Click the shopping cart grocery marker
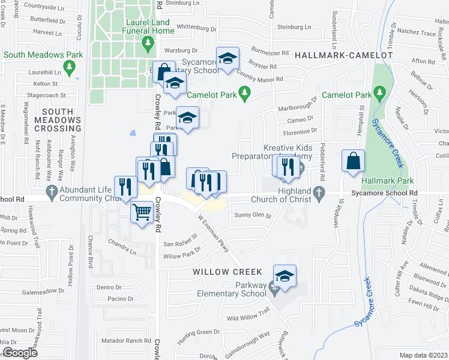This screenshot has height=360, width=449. click(x=142, y=211)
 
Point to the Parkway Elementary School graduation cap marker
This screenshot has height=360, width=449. click(x=285, y=276)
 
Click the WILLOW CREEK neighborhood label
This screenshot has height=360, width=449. click(x=220, y=272)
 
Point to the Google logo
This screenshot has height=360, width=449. click(x=19, y=353)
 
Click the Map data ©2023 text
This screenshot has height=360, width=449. click(x=423, y=355)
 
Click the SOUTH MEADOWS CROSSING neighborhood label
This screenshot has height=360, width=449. click(x=58, y=120)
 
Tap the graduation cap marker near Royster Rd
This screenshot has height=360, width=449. click(x=228, y=58)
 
